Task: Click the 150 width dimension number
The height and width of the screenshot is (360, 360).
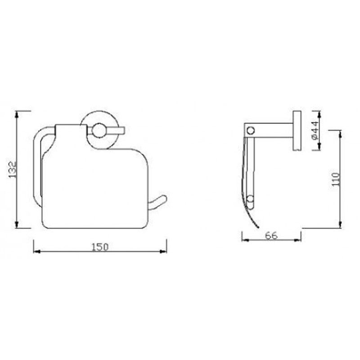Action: (x=100, y=247)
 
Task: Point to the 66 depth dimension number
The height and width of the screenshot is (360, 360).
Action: (x=271, y=236)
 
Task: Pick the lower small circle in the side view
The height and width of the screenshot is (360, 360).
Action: (x=251, y=198)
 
